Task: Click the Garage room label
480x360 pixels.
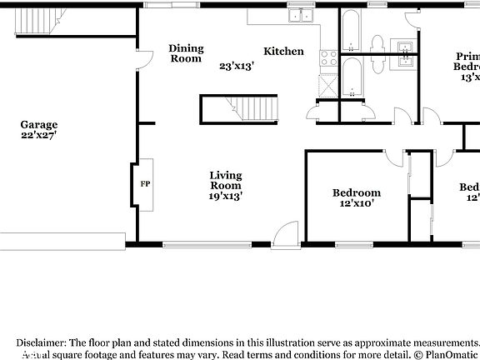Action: [38, 125]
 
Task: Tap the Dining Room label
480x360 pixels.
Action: [186, 53]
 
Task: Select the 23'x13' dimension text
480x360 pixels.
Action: [237, 65]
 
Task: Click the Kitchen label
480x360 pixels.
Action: [283, 52]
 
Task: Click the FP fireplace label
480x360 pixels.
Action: [144, 183]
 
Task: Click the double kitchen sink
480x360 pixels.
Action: [299, 15]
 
